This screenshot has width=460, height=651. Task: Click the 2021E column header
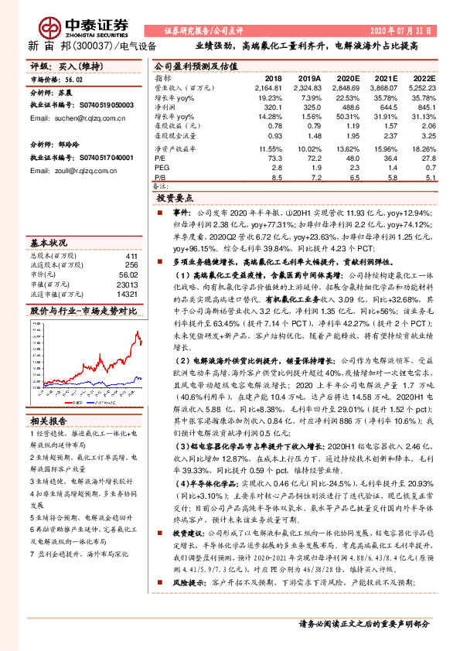[x=385, y=79]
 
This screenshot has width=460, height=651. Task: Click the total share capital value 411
[x=131, y=256]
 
